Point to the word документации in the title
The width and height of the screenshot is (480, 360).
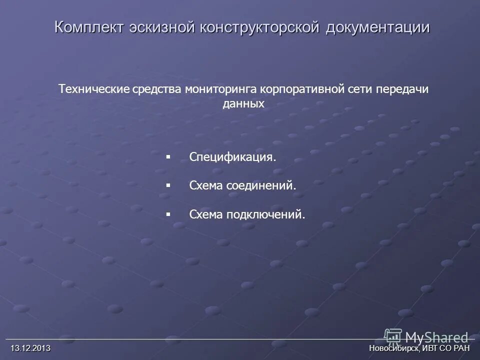(x=377, y=27)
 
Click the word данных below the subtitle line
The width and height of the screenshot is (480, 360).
(x=243, y=104)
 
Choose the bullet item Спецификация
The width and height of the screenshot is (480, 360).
(x=232, y=157)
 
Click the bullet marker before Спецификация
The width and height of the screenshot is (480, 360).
(x=168, y=157)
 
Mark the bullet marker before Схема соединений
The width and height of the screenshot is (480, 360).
(x=168, y=185)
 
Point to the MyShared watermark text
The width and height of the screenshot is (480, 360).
(x=437, y=337)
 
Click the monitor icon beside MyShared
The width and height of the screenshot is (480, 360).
(x=393, y=336)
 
